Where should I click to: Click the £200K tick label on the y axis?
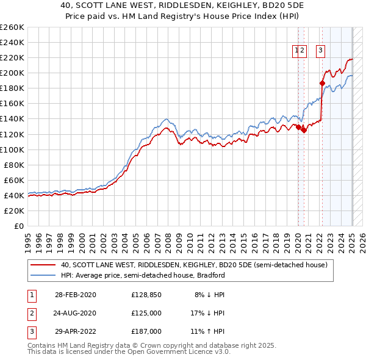(x=12, y=73)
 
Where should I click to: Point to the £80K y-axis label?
(x=14, y=165)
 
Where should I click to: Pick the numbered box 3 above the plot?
(x=320, y=51)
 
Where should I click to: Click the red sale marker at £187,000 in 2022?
(x=321, y=82)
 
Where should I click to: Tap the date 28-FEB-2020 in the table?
(x=75, y=294)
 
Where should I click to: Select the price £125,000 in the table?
(x=146, y=313)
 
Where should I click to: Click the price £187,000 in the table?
(x=146, y=332)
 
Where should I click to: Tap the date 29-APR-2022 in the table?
(x=75, y=332)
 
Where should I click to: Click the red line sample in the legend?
(x=43, y=265)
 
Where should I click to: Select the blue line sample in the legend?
(x=43, y=275)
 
